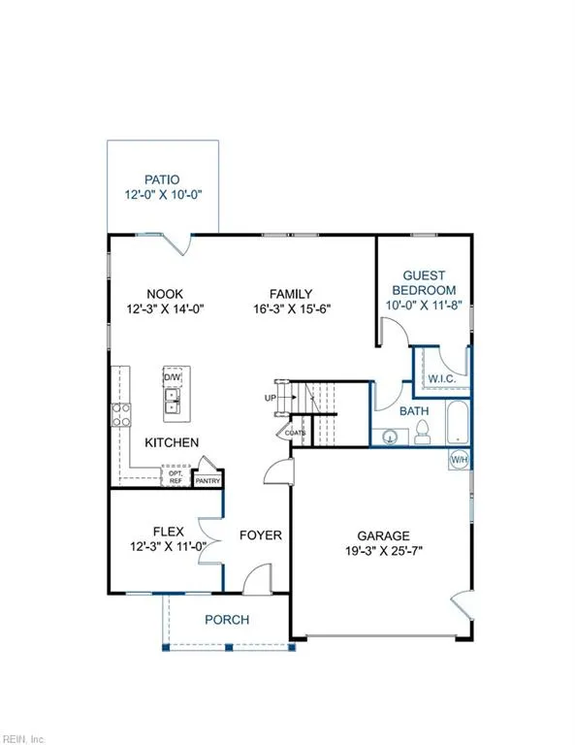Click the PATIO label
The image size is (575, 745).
162,179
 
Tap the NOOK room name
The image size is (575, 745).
166,294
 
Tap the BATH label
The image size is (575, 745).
416,411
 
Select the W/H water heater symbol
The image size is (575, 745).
458,459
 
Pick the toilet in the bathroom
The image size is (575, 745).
423,436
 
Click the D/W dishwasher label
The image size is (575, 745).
173,376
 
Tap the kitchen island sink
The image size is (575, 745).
173,401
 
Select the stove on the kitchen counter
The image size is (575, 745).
123,415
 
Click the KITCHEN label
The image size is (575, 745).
172,442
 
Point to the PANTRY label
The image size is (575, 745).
208,480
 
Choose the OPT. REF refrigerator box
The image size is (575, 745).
176,475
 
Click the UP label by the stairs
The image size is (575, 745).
270,399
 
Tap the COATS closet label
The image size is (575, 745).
295,433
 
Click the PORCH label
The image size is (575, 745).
226,619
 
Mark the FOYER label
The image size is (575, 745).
260,534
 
